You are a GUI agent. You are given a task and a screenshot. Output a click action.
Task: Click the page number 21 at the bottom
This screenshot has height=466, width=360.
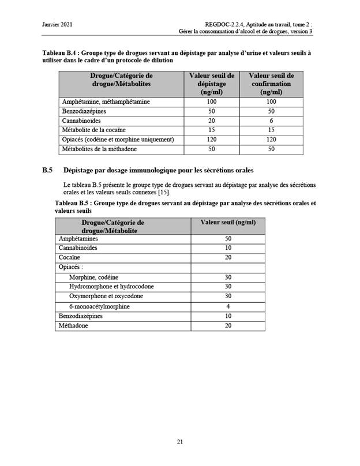[x=179, y=442]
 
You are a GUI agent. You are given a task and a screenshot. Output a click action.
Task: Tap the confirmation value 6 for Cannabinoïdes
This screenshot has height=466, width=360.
[x=271, y=121]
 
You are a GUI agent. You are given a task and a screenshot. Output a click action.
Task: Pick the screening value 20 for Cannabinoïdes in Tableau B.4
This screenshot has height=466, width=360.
[x=212, y=121]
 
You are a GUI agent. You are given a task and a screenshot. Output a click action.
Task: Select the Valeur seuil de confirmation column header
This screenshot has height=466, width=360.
[x=271, y=84]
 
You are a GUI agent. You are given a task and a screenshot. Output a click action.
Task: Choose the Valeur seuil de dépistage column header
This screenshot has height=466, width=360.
[x=212, y=84]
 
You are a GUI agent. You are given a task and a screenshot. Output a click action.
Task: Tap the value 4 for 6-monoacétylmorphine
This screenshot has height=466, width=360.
[x=228, y=306]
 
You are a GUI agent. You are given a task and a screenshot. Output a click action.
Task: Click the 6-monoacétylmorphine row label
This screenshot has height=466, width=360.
[x=99, y=306]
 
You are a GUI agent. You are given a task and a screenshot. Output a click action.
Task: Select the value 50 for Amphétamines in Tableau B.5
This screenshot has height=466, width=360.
[x=228, y=238]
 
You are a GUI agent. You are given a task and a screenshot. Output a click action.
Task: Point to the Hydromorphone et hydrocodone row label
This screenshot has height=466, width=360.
[x=111, y=287]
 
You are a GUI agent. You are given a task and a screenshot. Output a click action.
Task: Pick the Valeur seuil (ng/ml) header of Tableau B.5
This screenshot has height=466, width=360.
[x=228, y=222]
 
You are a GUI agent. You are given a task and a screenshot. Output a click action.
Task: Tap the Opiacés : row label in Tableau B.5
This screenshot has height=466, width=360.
[x=70, y=267]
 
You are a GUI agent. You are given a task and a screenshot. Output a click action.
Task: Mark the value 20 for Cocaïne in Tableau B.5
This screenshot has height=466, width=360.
[x=228, y=257]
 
